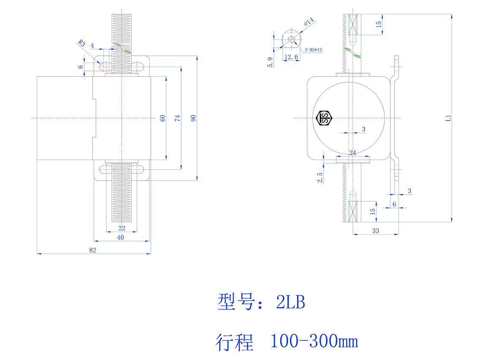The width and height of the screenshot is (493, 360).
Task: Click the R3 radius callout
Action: click(82, 43)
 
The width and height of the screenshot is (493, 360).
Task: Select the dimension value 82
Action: click(93, 250)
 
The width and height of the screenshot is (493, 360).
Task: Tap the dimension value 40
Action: click(120, 238)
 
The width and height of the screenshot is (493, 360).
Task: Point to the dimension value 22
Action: click(122, 228)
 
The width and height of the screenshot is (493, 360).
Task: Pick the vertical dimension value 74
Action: click(178, 118)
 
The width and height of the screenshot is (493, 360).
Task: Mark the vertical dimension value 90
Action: click(193, 118)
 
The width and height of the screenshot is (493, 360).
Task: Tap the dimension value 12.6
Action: click(291, 57)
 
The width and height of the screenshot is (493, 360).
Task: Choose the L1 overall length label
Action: click(449, 119)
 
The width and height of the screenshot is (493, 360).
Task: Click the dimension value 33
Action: click(375, 230)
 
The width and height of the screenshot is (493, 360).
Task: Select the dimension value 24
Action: click(352, 153)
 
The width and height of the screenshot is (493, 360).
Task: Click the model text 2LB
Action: click(290, 302)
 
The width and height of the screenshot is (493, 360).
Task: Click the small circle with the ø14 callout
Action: click(291, 40)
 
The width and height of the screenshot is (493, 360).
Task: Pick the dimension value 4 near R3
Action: click(92, 45)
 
